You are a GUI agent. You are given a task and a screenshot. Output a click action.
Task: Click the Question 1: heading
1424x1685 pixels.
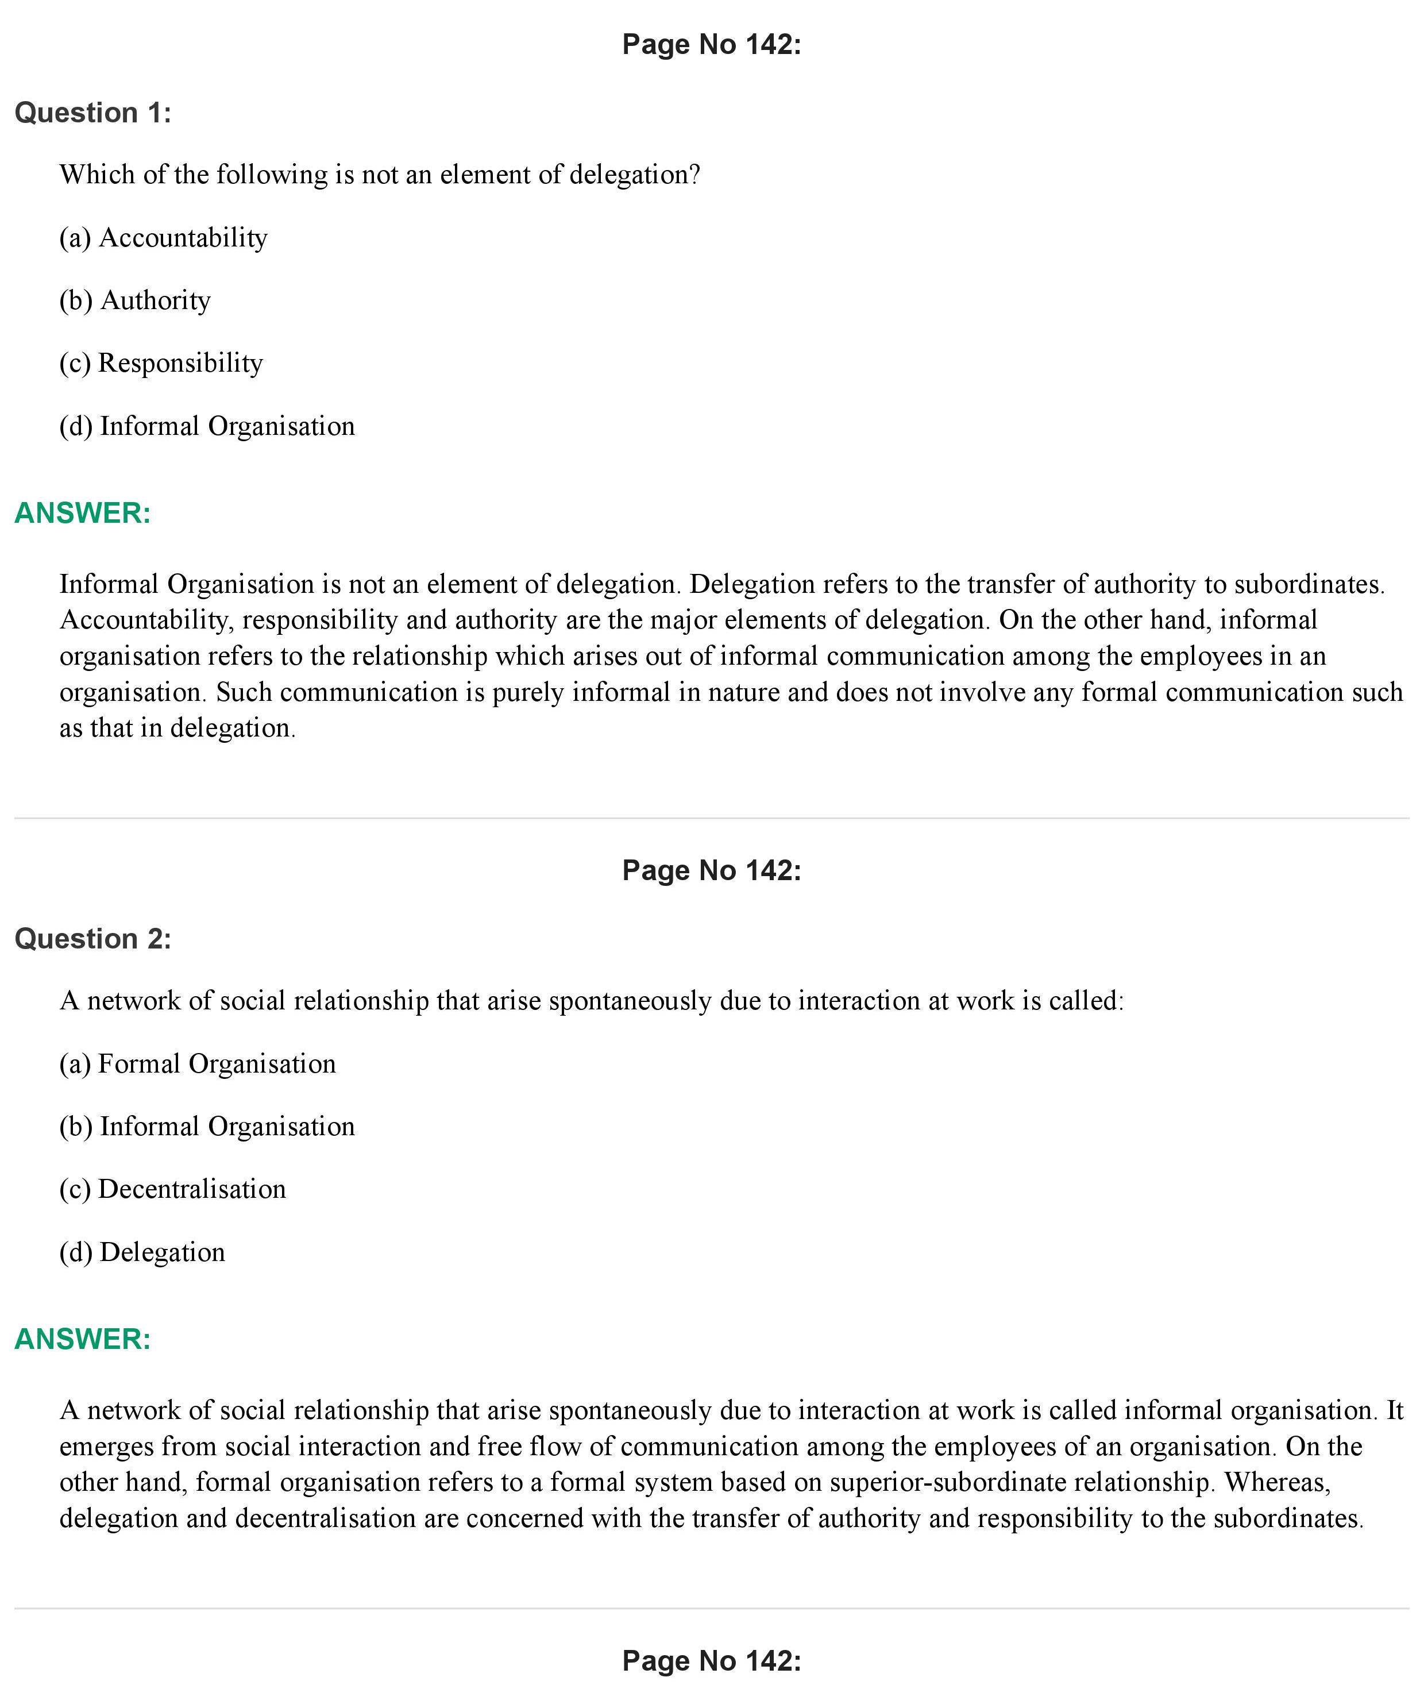(x=93, y=113)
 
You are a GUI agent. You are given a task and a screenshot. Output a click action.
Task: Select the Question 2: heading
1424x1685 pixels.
(x=93, y=939)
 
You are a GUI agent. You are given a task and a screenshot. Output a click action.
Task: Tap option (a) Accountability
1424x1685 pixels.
(x=163, y=238)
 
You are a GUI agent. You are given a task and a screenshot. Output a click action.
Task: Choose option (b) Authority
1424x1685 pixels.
(x=135, y=300)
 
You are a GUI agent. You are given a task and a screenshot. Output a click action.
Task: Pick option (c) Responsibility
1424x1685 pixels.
(x=161, y=363)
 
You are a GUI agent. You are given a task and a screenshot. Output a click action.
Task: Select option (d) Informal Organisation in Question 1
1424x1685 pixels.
(x=207, y=426)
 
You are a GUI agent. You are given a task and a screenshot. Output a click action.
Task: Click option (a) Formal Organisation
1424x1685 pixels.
(x=197, y=1064)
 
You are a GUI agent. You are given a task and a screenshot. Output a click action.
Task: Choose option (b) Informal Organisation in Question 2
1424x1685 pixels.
(x=207, y=1126)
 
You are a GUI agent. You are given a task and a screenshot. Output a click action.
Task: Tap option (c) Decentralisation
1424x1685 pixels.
(x=173, y=1189)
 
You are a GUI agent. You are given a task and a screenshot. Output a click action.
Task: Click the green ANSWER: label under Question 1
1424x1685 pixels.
(x=82, y=514)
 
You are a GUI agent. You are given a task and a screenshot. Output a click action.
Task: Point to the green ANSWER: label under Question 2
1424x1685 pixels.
(x=82, y=1340)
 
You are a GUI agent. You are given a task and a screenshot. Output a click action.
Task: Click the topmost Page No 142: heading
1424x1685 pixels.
(x=711, y=44)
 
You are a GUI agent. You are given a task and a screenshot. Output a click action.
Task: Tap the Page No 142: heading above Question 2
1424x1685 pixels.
(x=711, y=870)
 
